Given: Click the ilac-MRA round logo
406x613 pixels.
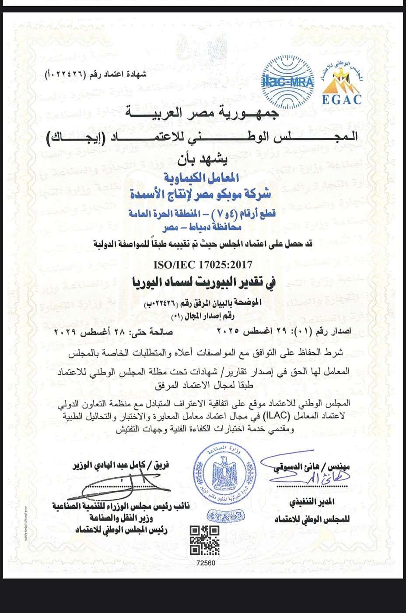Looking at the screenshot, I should tap(287, 82).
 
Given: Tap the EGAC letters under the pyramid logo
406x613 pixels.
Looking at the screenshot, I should tap(342, 99).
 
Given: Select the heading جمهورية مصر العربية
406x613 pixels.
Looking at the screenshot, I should tap(202, 113).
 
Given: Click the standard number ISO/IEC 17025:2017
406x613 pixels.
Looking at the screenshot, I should tap(203, 264).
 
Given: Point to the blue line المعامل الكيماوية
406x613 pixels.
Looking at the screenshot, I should tap(202, 177).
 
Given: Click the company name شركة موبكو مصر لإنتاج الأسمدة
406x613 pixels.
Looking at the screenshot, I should tap(200, 194).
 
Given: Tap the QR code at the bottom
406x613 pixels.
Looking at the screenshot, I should tap(205, 540).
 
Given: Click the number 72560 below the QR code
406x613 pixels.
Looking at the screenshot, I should tap(206, 563).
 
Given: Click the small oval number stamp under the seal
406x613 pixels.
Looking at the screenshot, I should tap(225, 517).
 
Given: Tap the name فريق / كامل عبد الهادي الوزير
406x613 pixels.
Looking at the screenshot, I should tap(121, 465).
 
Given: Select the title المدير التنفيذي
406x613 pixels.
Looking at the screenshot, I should tap(312, 502).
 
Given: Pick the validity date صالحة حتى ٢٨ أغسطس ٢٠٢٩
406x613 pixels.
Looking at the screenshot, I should tap(114, 332).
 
